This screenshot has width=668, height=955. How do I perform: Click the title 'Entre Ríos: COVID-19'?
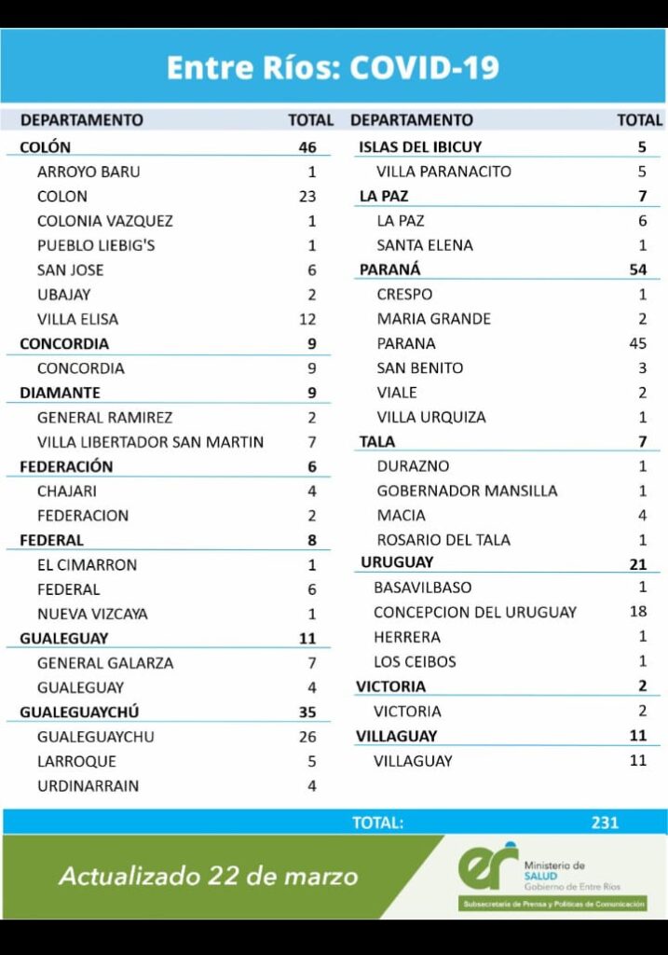pyautogui.click(x=333, y=67)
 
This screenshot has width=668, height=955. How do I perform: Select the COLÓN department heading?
pyautogui.click(x=45, y=147)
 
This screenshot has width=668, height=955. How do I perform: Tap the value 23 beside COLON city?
pyautogui.click(x=307, y=197)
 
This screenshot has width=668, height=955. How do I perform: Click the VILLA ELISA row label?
pyautogui.click(x=77, y=319)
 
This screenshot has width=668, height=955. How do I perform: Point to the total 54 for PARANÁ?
pyautogui.click(x=638, y=270)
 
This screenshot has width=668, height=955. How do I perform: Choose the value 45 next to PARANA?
pyautogui.click(x=638, y=343)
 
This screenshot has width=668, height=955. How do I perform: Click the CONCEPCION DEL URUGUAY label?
pyautogui.click(x=475, y=613)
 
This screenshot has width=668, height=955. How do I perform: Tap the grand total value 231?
pyautogui.click(x=605, y=823)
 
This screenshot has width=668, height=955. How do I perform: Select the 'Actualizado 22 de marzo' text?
pyautogui.click(x=208, y=877)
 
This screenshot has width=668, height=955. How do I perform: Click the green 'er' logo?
pyautogui.click(x=487, y=866)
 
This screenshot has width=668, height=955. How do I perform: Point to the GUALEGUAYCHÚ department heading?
pyautogui.click(x=80, y=713)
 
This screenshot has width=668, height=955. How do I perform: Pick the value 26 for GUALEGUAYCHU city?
pyautogui.click(x=307, y=737)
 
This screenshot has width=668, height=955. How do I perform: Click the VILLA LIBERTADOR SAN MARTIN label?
pyautogui.click(x=150, y=442)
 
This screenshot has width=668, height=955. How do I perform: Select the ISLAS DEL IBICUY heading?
pyautogui.click(x=420, y=147)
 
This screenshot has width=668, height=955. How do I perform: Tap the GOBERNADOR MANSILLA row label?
pyautogui.click(x=467, y=491)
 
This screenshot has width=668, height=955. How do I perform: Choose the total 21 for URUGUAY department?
pyautogui.click(x=638, y=563)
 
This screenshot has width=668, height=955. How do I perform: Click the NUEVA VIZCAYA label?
pyautogui.click(x=92, y=614)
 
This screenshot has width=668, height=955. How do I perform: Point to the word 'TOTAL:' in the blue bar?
pyautogui.click(x=377, y=823)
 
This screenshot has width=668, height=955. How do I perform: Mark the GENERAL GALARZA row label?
pyautogui.click(x=105, y=663)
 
